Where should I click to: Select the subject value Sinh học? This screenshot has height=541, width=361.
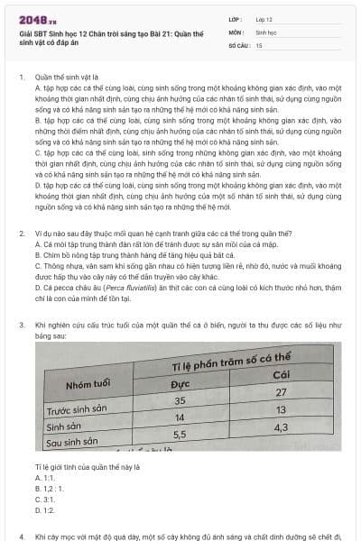point(266,31)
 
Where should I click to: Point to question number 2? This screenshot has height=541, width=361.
point(21,233)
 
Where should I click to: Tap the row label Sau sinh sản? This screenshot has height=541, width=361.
point(71,443)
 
